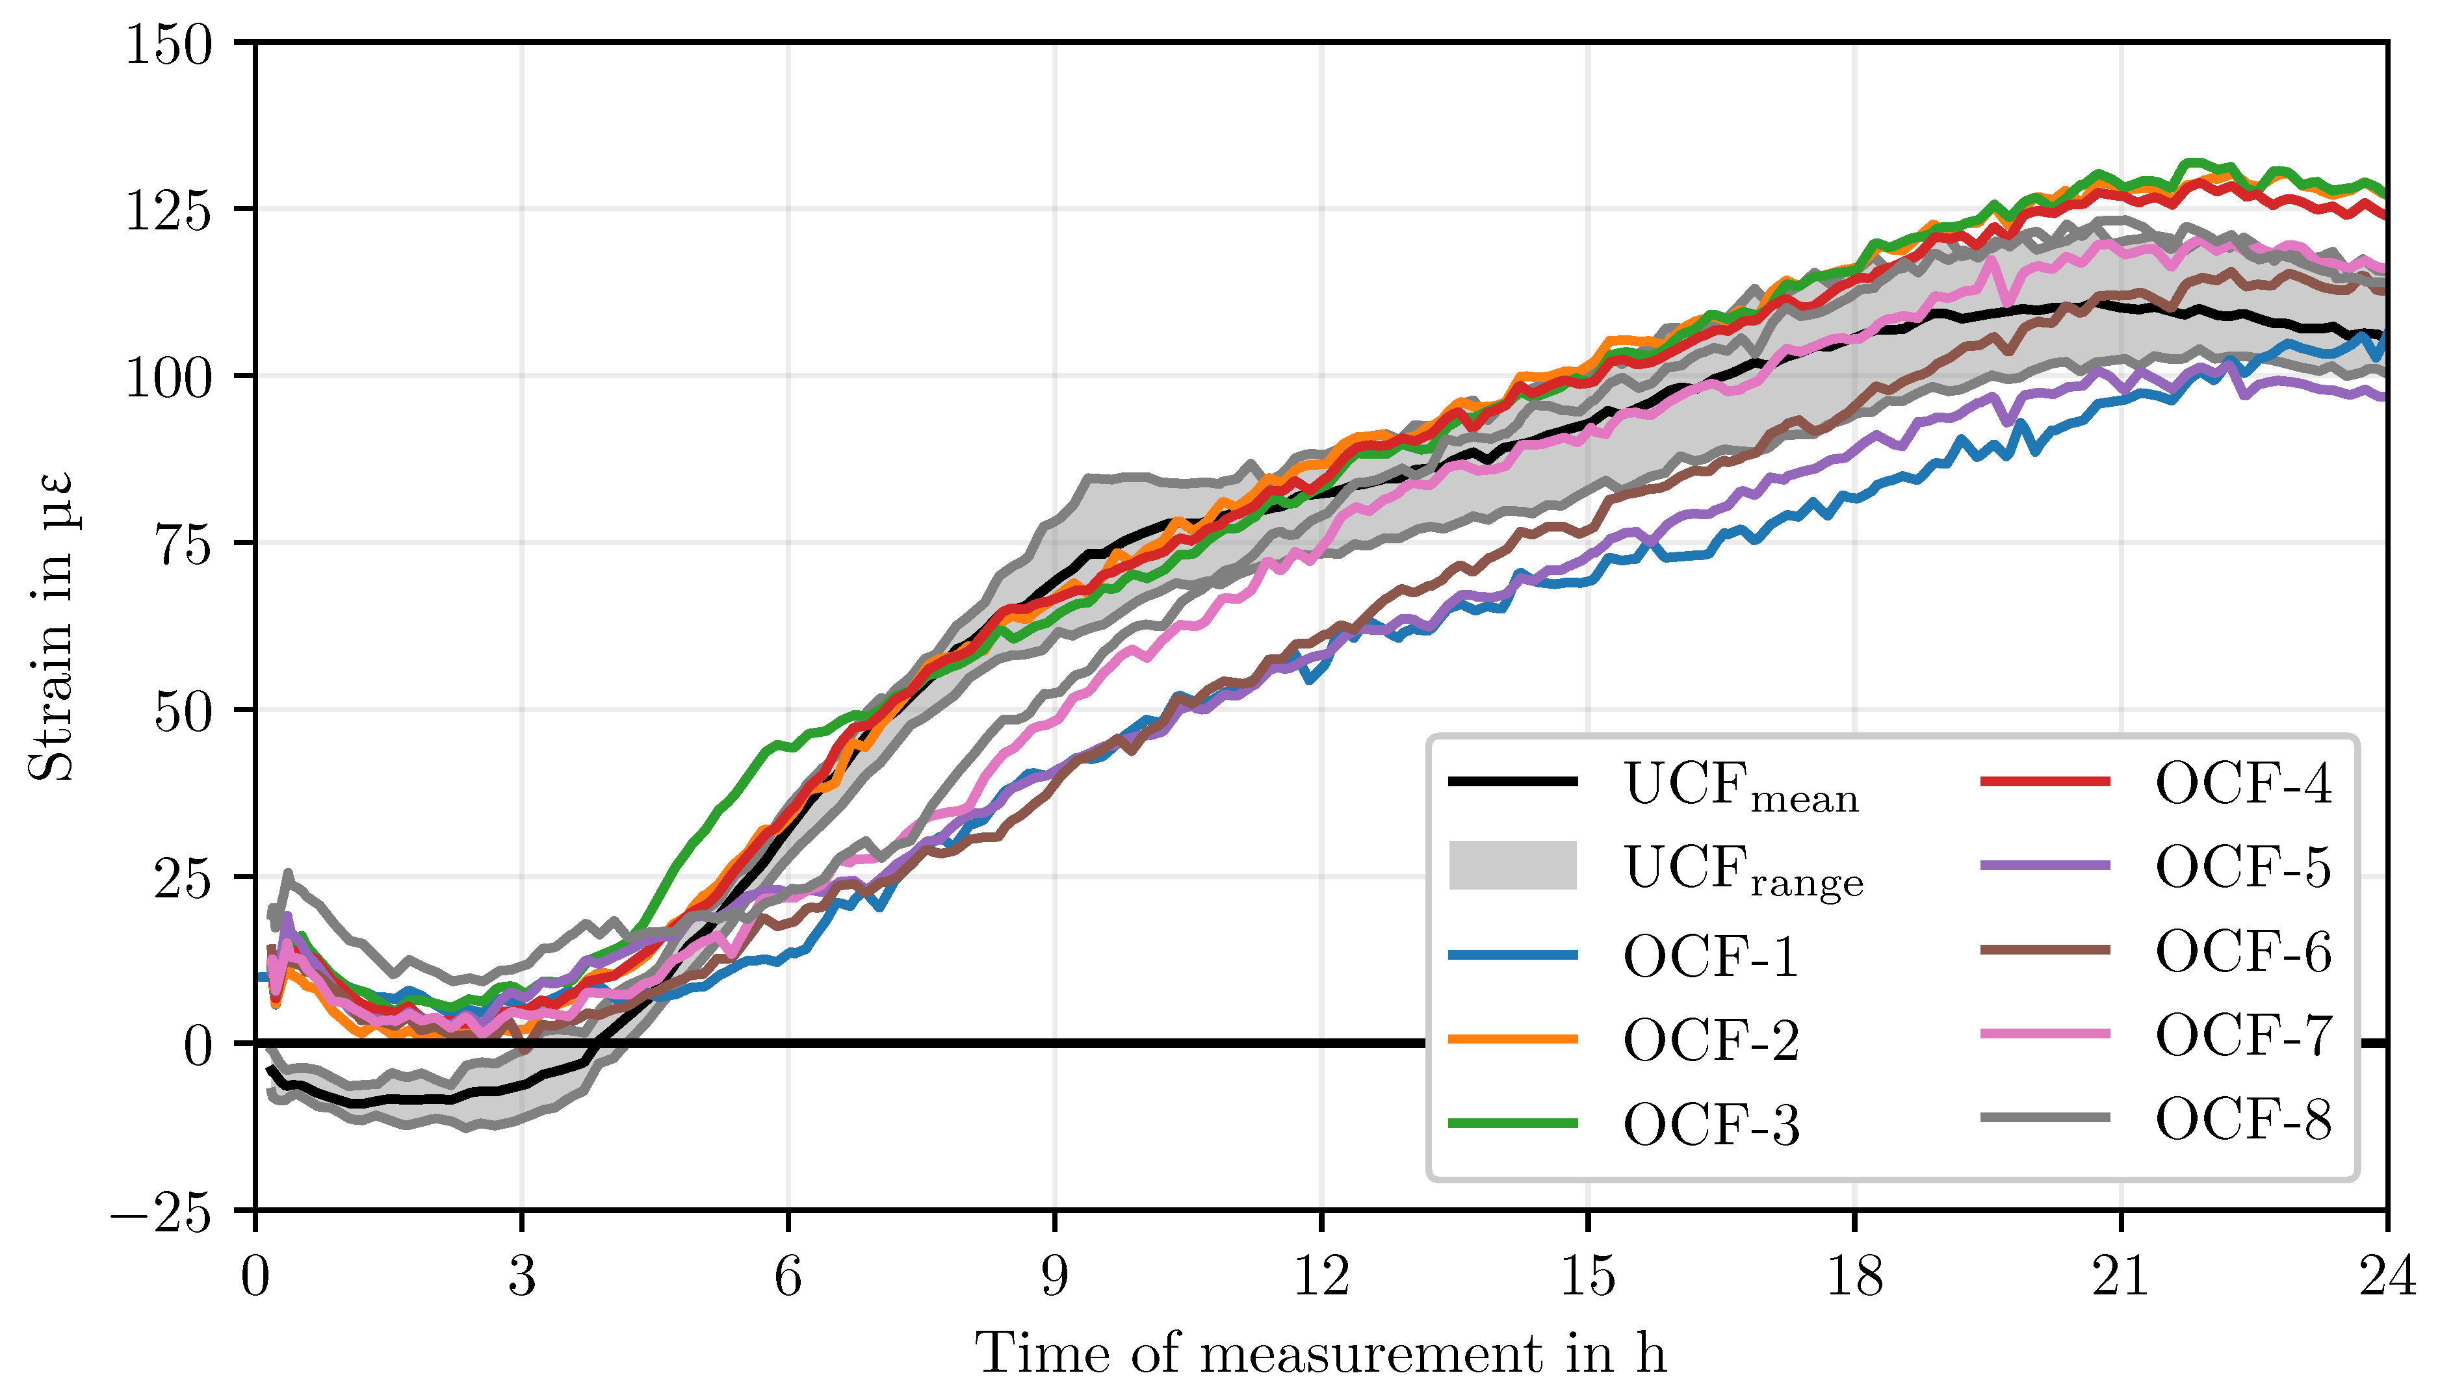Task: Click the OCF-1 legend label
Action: click(x=1711, y=957)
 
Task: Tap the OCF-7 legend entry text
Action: click(x=2243, y=1035)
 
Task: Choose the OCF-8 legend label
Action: click(x=2243, y=1118)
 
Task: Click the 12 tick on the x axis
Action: click(x=1321, y=1279)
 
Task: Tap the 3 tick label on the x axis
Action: click(x=522, y=1279)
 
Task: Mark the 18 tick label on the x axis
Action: click(x=1854, y=1279)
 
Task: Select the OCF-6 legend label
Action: click(x=2243, y=951)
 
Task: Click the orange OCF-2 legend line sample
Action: click(x=1512, y=1038)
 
